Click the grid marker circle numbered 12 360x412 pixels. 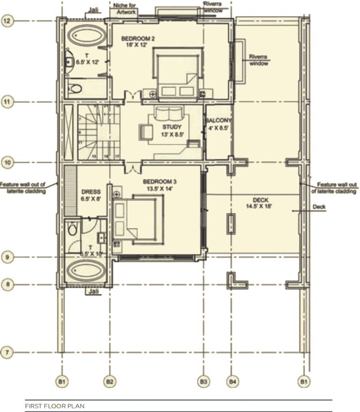point(8,21)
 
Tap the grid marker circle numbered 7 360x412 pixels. point(8,352)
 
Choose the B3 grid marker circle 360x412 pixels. point(203,381)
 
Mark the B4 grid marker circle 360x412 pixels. point(233,381)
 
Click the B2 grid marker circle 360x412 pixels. point(109,381)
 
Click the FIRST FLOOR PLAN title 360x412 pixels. point(54,407)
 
